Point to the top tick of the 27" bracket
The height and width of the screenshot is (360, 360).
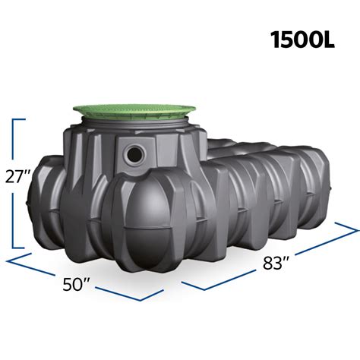click(19, 119)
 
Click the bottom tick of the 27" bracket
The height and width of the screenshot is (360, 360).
click(19, 248)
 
